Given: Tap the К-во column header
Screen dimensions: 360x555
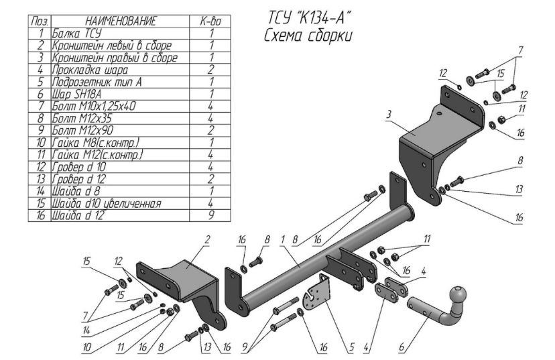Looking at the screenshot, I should click(210, 21).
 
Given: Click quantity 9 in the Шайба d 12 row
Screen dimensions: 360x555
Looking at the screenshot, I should click(210, 215).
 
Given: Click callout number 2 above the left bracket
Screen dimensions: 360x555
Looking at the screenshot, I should click(207, 239).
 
